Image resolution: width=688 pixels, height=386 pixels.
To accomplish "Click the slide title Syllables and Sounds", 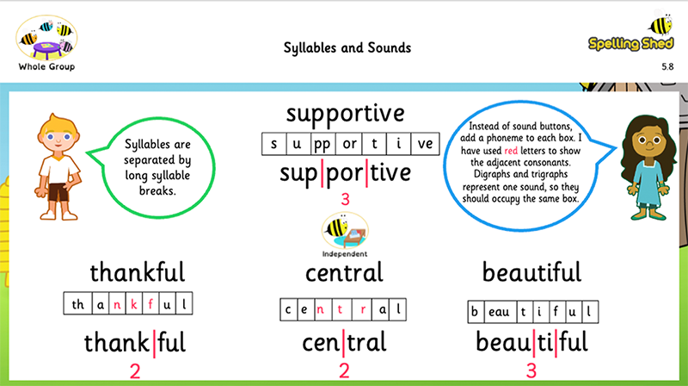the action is [x=347, y=47].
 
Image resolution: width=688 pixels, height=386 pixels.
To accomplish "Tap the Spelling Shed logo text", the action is [x=630, y=44].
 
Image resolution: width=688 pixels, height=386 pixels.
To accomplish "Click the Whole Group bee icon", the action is [x=46, y=38].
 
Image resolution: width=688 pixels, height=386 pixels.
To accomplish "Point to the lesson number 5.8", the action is [x=667, y=67].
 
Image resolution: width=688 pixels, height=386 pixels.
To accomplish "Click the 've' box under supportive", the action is [x=425, y=144].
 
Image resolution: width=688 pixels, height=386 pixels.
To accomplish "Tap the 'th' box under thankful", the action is [x=78, y=304].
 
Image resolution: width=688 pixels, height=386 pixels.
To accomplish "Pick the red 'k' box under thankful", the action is [x=134, y=304].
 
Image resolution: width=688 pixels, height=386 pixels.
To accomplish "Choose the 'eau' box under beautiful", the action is [x=499, y=312].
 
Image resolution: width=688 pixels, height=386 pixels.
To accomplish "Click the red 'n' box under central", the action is [x=320, y=309].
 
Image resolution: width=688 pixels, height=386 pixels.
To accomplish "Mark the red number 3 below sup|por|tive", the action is [x=346, y=200].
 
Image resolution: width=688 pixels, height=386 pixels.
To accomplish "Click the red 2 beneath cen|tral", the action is [x=344, y=370].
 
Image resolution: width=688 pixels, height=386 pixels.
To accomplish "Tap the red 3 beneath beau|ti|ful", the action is [x=531, y=371].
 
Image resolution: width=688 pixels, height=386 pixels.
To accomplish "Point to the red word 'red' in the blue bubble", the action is [x=511, y=151].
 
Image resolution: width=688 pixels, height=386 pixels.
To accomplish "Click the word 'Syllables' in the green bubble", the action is [x=142, y=145].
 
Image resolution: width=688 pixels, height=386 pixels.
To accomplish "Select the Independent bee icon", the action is [x=345, y=230].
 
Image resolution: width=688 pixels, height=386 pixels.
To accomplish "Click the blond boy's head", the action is [x=58, y=134].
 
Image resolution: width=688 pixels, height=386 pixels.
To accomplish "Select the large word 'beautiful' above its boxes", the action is [x=531, y=272].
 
